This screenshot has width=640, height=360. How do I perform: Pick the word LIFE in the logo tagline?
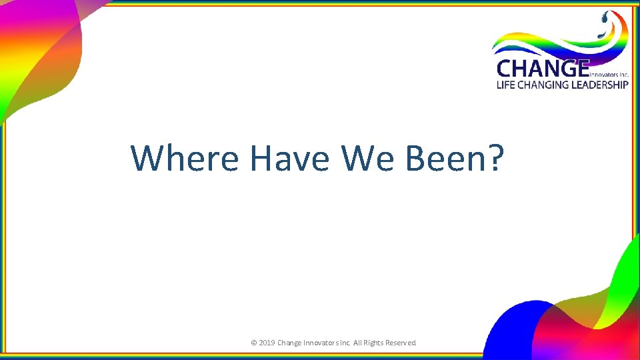[x=507, y=85]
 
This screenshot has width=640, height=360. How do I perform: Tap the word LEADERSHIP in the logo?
[x=599, y=85]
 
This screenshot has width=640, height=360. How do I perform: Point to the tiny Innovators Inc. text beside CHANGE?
[x=609, y=75]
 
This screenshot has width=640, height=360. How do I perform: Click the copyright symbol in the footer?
[x=253, y=343]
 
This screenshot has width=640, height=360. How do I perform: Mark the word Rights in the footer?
[x=379, y=343]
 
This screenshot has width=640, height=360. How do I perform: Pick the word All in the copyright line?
[x=363, y=343]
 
